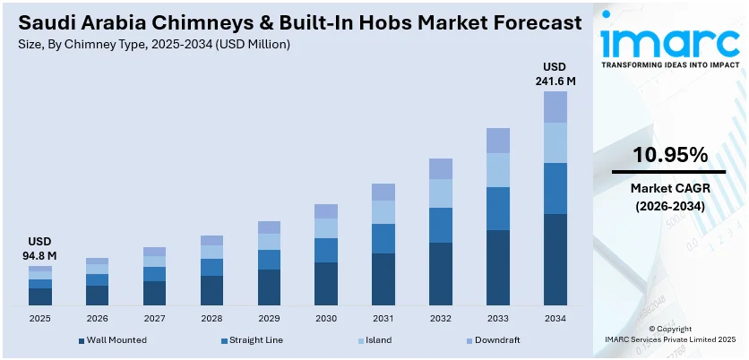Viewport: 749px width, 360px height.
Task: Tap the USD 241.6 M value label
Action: click(555, 74)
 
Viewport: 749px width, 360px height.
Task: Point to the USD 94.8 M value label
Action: click(39, 249)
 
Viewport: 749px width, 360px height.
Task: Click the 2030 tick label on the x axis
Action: click(326, 318)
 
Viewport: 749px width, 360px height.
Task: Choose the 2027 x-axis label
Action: click(154, 318)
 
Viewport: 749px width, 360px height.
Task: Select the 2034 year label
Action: click(555, 318)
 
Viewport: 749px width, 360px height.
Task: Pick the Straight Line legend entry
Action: click(258, 340)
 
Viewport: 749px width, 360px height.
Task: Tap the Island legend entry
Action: click(379, 340)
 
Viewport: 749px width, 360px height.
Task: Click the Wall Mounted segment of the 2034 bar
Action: click(555, 260)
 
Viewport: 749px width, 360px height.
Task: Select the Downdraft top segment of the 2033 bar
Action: click(498, 140)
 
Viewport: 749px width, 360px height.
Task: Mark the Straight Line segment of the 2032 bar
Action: click(441, 225)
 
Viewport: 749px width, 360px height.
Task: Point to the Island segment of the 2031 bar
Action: click(383, 212)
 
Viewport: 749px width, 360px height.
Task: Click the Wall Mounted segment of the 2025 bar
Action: click(39, 296)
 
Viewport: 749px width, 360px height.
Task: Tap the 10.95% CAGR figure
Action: click(669, 155)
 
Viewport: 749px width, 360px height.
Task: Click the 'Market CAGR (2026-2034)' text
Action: click(669, 197)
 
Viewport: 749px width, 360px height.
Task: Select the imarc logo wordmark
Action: click(669, 40)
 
